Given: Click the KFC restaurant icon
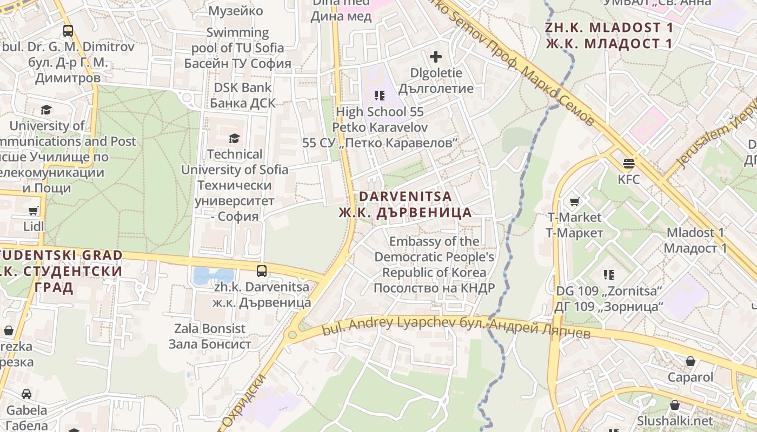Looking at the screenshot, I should (628, 162).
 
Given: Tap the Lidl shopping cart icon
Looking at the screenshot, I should (34, 211).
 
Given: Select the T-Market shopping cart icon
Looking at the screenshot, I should (574, 202).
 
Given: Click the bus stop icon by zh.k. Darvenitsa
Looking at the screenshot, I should (262, 271).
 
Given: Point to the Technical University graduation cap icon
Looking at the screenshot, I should (234, 139).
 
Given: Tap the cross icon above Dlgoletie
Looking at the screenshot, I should (436, 57).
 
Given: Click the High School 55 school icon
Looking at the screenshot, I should (380, 96).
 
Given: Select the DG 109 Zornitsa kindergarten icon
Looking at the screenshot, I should (609, 275).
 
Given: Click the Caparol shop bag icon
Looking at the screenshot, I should (690, 361).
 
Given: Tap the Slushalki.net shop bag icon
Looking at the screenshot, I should (675, 405).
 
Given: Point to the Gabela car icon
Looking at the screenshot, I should (26, 395).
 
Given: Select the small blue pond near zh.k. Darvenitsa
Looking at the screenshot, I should (213, 275).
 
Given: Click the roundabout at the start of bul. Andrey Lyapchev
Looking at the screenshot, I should (293, 335).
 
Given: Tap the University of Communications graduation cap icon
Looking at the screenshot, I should (47, 111).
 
